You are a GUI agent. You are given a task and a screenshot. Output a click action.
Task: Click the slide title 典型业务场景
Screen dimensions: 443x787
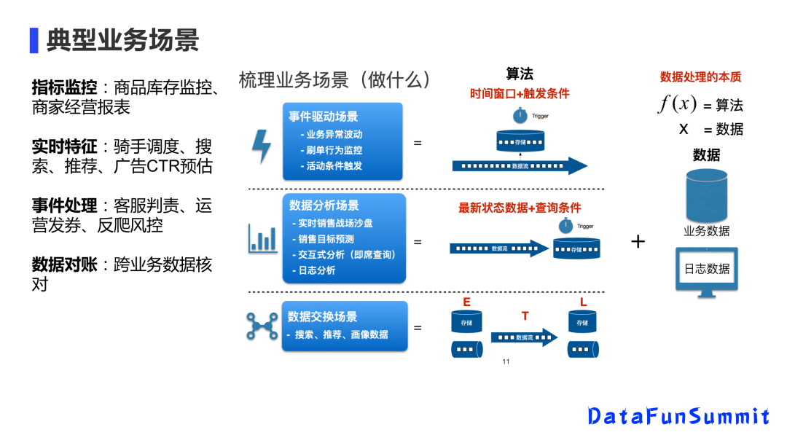coord(122,40)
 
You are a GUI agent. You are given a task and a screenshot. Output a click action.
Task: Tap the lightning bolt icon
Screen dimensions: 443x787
coord(261,146)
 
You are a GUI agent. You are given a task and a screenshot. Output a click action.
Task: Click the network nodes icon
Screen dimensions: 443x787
coord(262,325)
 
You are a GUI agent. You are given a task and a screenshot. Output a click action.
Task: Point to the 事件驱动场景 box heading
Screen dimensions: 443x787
coord(323,117)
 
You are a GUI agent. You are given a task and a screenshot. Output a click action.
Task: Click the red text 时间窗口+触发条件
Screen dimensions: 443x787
coord(520,94)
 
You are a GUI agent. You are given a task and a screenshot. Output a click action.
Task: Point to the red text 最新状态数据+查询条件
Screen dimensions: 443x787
coord(520,208)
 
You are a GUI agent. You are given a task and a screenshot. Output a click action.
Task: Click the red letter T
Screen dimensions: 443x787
coord(525,316)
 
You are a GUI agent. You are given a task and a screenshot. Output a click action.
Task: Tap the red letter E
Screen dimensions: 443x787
coord(466,302)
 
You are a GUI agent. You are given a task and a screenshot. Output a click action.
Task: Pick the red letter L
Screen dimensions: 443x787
coord(583,302)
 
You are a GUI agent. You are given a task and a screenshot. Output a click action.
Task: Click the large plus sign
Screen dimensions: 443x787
coord(638,241)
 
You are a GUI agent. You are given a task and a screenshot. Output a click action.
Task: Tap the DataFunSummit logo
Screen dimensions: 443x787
coord(678,416)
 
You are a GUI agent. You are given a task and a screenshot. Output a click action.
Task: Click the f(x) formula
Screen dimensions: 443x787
coord(678,104)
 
